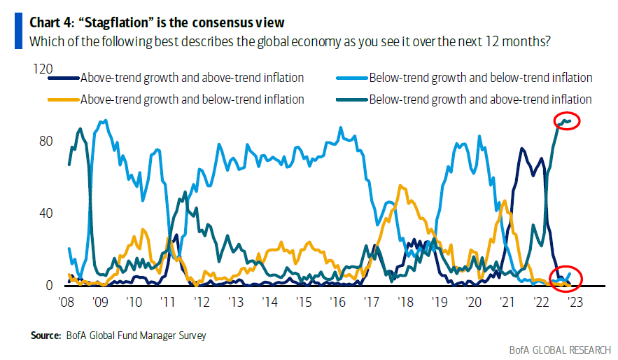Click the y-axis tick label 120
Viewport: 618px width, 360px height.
click(43, 69)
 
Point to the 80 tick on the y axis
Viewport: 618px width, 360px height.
click(46, 141)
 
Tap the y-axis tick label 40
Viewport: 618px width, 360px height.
click(46, 213)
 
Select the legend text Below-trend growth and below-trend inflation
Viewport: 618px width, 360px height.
click(480, 78)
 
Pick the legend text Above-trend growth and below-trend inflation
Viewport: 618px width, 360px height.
click(192, 99)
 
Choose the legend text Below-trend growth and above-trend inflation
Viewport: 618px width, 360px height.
click(480, 99)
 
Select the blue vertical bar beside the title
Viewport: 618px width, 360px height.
click(17, 32)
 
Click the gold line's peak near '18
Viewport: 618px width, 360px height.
click(400, 186)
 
